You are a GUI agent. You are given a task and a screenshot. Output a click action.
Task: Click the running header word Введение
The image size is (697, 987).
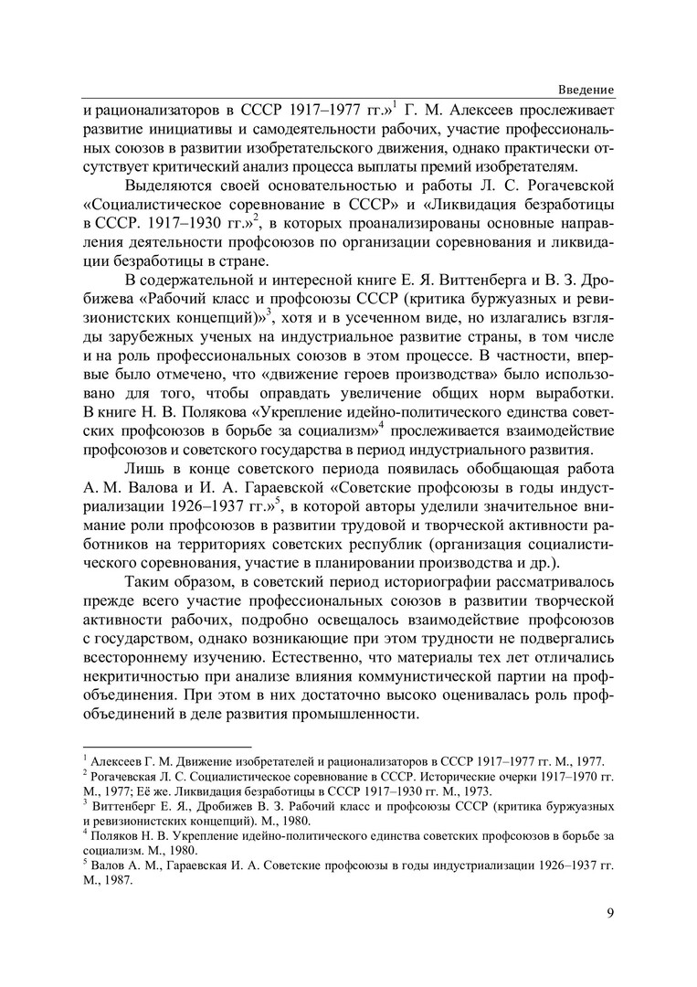586,88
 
